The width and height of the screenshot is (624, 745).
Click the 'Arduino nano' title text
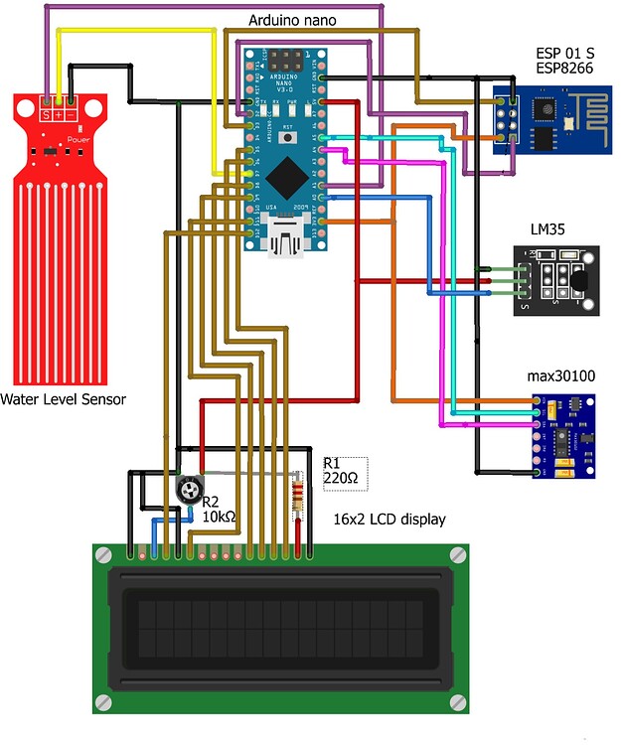(x=291, y=20)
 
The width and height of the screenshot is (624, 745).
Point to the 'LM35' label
(x=546, y=229)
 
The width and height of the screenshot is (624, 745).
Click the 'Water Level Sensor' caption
(x=63, y=400)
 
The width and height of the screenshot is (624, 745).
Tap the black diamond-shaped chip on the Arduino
(x=288, y=177)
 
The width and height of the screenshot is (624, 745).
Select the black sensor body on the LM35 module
(x=579, y=280)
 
